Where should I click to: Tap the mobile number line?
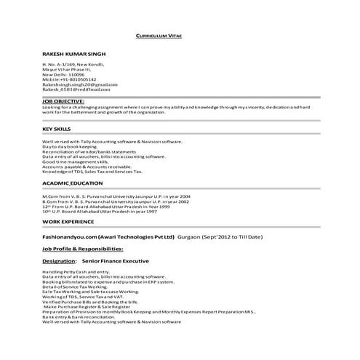69,79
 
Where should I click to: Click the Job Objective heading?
63,101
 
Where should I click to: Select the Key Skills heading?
55,128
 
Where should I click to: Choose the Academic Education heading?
72,184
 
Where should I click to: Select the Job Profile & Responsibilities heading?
87,249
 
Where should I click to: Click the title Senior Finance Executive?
116,260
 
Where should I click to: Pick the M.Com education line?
116,196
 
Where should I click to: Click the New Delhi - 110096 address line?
63,74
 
